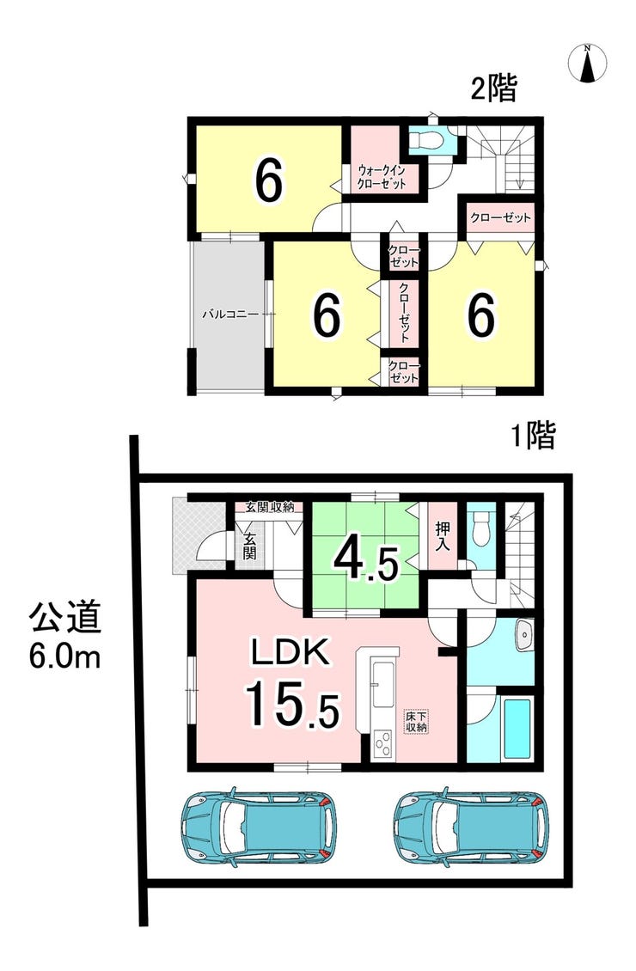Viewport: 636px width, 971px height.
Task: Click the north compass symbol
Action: click(x=588, y=63)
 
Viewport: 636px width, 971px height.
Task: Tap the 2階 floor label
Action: click(x=493, y=88)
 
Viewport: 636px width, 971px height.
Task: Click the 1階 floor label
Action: click(x=533, y=436)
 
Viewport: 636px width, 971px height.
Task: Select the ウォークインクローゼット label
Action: click(x=381, y=177)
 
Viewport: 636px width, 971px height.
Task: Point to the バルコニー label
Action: click(x=230, y=315)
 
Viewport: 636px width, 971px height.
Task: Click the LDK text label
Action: click(x=289, y=652)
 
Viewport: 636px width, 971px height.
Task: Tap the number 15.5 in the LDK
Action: click(x=292, y=704)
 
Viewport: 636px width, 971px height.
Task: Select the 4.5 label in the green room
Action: click(x=365, y=559)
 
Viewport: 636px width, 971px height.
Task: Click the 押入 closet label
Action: click(x=443, y=536)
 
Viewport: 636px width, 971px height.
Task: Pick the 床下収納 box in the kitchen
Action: click(x=416, y=722)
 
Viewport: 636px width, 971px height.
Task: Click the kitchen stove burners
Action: click(x=383, y=745)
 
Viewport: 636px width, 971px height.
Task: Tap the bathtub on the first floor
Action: click(x=517, y=729)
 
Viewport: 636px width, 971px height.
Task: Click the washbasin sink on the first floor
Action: click(x=524, y=635)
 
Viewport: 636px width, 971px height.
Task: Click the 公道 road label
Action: click(x=65, y=618)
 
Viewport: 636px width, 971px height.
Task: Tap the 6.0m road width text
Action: click(x=64, y=657)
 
